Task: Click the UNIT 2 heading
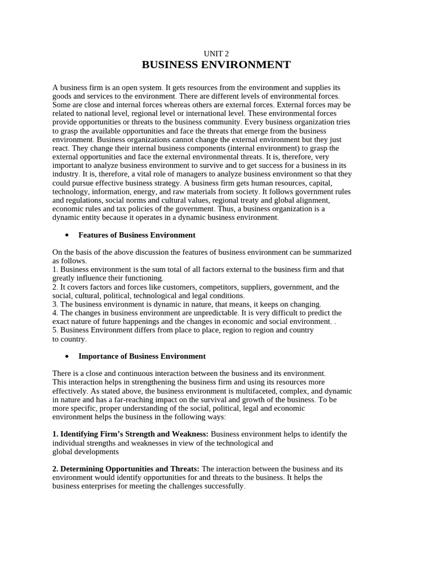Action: [216, 54]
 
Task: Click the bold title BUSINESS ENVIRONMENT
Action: [216, 65]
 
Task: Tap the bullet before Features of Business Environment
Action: [67, 235]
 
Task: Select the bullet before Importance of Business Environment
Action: [67, 356]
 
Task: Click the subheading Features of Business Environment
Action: [137, 235]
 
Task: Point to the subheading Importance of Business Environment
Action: [142, 356]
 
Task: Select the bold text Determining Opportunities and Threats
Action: [126, 468]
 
